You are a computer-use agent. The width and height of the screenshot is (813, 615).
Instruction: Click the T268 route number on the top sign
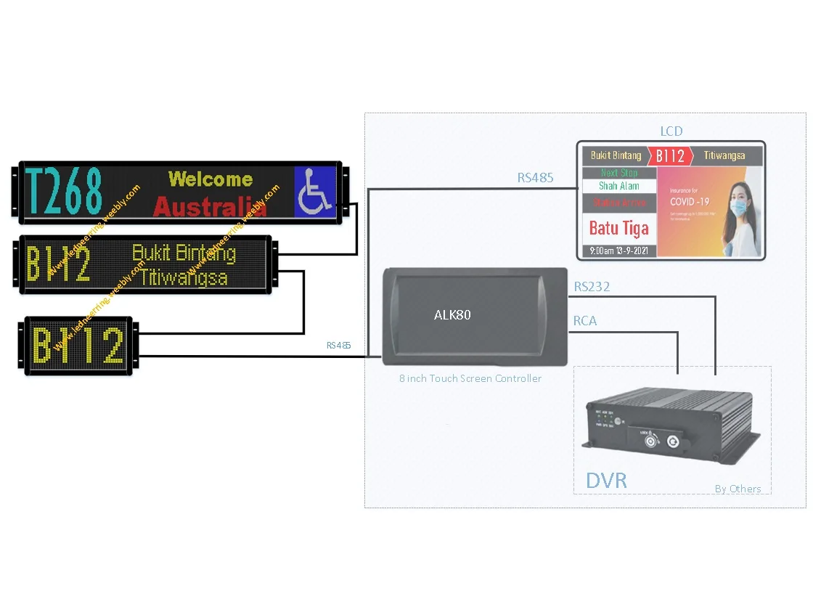[63, 192]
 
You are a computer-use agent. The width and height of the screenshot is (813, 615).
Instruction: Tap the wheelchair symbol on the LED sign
[315, 192]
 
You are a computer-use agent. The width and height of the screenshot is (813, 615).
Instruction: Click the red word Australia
[210, 207]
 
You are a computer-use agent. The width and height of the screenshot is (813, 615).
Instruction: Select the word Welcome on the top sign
[211, 179]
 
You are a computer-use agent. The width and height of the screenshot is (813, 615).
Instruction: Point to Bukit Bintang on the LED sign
[184, 253]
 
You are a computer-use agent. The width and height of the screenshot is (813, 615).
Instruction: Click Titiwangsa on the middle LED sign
[184, 277]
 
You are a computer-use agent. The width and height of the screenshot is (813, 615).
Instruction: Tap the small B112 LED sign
[78, 346]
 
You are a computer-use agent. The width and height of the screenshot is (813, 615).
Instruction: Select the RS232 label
[592, 287]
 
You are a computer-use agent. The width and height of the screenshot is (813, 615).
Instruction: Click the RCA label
[585, 321]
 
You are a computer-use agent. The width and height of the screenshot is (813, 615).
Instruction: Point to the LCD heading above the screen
[671, 131]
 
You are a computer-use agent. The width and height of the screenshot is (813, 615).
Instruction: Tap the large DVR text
[606, 480]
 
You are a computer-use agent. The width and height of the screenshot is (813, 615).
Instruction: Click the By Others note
[738, 489]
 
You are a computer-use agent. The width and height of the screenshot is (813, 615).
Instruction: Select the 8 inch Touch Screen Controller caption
[470, 378]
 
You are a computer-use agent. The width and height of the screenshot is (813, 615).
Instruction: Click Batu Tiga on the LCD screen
[618, 228]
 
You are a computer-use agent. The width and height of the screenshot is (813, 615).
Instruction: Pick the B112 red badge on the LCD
[670, 156]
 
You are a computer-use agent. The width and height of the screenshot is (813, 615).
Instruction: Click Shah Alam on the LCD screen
[618, 187]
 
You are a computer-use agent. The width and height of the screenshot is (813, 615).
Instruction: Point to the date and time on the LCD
[618, 251]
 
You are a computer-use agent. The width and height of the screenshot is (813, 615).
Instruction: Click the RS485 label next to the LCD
[536, 176]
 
